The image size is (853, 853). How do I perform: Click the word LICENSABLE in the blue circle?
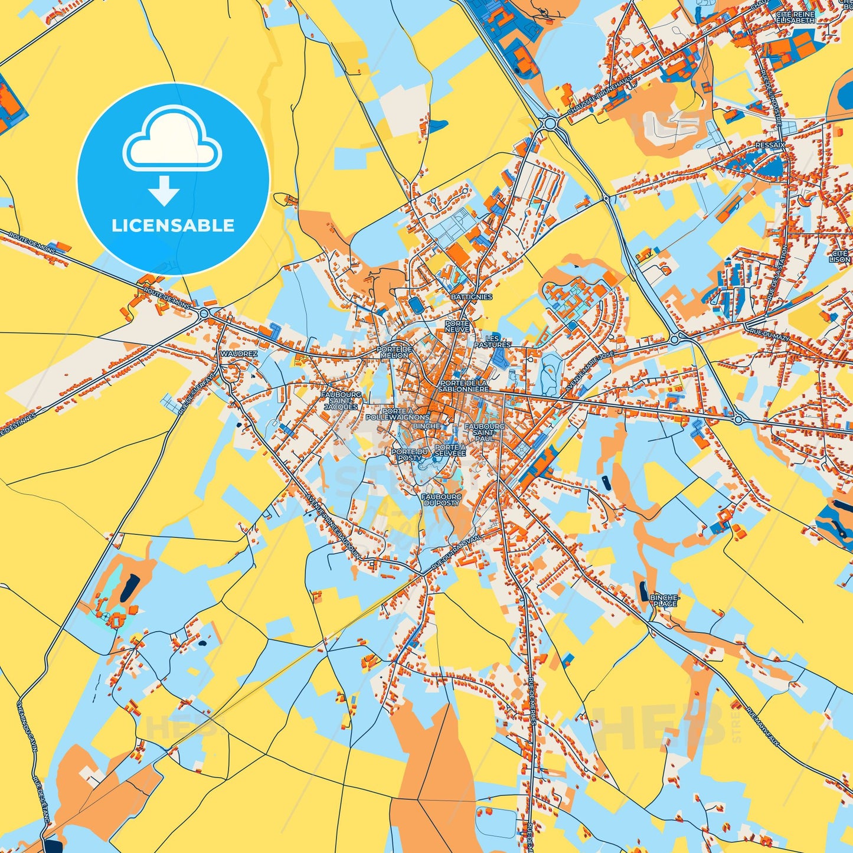173,225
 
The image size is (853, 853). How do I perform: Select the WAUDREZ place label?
238,354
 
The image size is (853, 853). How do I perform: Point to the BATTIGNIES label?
471,297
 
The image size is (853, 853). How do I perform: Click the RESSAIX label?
770,145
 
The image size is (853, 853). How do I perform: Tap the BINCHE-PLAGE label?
665,601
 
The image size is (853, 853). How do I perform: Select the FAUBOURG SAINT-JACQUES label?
341,400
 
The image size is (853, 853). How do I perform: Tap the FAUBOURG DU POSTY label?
441,500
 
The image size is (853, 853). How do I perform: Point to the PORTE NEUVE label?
457,326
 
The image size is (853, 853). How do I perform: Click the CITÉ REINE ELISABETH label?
795,17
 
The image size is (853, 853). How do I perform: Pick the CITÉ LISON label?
839,256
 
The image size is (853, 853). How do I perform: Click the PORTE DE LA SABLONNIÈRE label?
464,386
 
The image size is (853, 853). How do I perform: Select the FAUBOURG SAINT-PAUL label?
485,432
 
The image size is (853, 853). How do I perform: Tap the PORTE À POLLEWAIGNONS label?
397,414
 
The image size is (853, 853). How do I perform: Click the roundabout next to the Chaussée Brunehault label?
551,123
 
